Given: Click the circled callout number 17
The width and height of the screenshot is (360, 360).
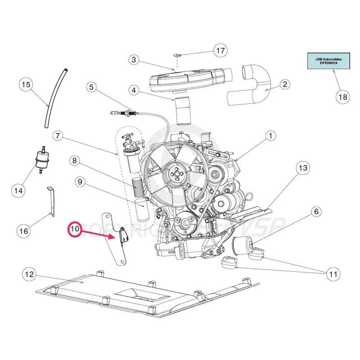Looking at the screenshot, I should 220,51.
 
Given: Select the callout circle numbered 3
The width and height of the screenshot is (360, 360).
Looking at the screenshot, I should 134,60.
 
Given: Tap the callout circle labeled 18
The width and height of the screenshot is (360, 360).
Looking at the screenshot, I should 342,96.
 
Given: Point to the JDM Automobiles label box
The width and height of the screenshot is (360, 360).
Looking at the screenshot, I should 323,61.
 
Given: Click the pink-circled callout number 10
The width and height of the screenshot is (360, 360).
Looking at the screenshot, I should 75,229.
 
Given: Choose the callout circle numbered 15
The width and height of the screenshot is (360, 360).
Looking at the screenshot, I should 26,85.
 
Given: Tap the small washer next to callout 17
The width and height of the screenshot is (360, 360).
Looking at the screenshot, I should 176,55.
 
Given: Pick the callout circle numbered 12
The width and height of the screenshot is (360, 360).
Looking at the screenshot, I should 29,274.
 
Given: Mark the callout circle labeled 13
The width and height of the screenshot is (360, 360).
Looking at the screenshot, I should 303,168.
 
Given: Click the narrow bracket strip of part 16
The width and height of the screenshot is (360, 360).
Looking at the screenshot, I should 51,202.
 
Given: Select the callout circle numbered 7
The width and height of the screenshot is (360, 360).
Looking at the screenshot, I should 57,135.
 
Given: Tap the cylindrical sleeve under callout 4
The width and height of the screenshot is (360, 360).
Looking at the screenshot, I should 183,111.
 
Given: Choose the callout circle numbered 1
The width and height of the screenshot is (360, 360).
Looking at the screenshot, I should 270,135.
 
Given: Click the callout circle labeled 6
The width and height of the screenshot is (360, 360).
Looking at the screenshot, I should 316,211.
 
